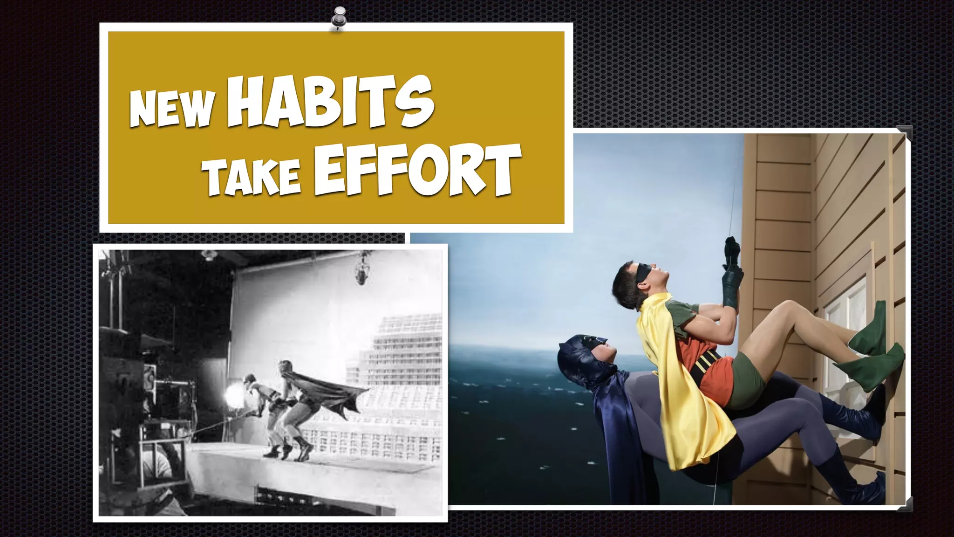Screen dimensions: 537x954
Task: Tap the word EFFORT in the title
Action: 417,170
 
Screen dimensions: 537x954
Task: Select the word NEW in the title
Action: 173,108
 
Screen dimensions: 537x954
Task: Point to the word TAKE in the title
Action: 254,178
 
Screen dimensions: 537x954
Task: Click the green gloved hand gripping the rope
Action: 732,284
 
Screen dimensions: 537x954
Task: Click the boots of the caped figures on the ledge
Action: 289,451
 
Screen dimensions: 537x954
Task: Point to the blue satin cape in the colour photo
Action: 610,420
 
